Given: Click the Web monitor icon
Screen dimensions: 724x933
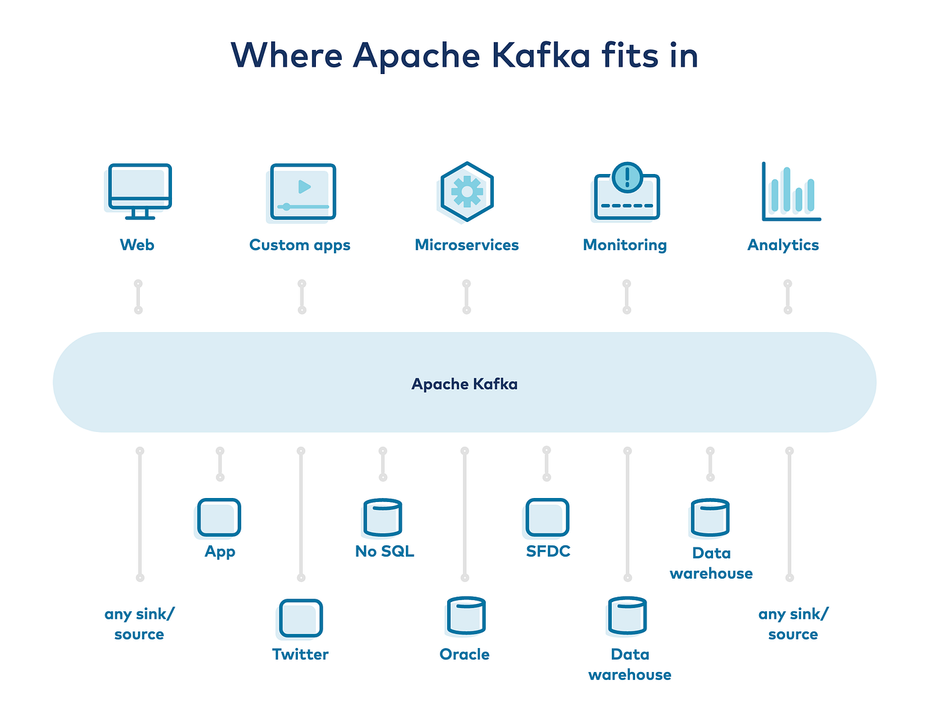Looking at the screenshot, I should pos(139,191).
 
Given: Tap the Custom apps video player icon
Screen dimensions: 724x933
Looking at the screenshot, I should pos(303,192).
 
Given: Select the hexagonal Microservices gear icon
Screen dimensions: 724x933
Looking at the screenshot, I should pos(467,192).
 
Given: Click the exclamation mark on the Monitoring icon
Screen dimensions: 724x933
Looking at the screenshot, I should pos(627,176).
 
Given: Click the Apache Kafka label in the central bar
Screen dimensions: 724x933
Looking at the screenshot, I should pos(465,384).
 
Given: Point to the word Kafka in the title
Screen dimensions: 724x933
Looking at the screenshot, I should pos(541,55).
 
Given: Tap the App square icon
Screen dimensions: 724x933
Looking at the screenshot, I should pos(219,517).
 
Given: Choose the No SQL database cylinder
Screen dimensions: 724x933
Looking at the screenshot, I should pos(383,517).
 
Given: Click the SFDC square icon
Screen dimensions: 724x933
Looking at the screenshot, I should pos(547,517).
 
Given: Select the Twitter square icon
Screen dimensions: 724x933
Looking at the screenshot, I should pos(301,618).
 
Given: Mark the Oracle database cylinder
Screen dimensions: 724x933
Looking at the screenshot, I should pos(466,615).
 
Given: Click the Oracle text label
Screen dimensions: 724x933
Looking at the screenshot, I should pos(465,655).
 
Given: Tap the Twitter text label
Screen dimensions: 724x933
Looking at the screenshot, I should pos(301,655).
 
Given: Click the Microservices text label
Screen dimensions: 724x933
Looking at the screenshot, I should pos(467,245).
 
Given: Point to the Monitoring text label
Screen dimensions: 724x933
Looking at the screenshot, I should pos(625,245).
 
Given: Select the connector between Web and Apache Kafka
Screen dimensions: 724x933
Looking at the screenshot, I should pos(139,297).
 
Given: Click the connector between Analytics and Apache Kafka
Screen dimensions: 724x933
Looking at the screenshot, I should pos(788,297).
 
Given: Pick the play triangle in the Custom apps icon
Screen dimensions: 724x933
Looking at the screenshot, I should pos(305,187).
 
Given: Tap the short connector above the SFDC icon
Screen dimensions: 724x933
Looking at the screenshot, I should pos(546,463).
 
